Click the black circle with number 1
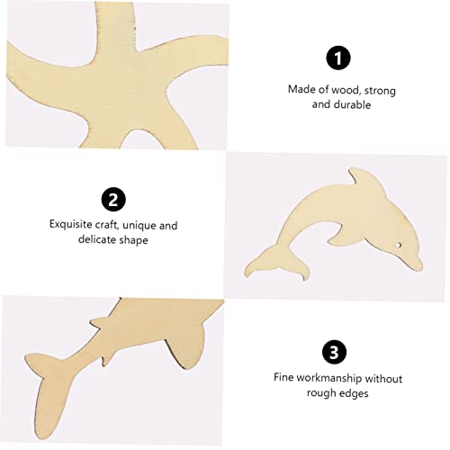pyautogui.click(x=337, y=58)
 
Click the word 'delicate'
pyautogui.click(x=92, y=240)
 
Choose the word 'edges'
pyautogui.click(x=355, y=392)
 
